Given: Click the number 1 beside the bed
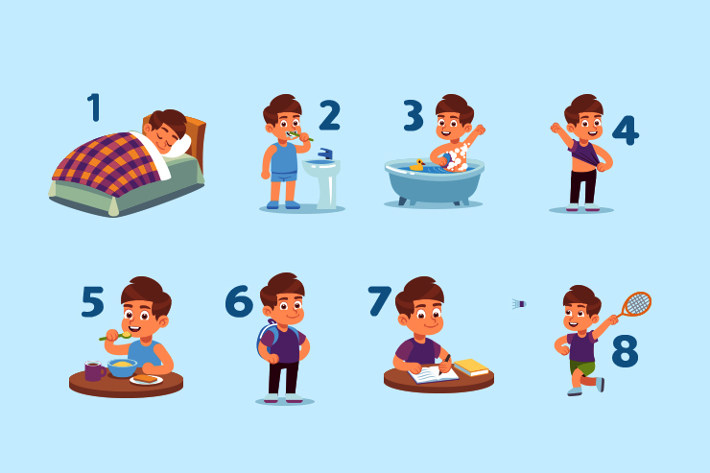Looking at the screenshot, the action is (x=94, y=107).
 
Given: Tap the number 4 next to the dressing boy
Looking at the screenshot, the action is (x=626, y=130).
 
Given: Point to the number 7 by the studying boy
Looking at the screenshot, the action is (x=379, y=300).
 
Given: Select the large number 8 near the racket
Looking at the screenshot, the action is (x=625, y=350).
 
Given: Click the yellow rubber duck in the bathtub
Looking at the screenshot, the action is (x=417, y=165).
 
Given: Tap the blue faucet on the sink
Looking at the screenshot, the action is (x=325, y=154).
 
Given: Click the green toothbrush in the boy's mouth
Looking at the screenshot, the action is (x=298, y=136).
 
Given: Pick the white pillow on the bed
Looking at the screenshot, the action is (x=177, y=146).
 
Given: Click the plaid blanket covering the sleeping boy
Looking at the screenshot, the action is (x=107, y=163).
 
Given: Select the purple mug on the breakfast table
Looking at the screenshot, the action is (x=94, y=370).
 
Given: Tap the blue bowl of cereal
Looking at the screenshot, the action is (x=122, y=367).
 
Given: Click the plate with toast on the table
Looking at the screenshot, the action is (x=146, y=379).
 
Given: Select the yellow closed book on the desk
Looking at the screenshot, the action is (x=471, y=367).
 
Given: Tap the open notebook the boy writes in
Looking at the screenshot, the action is (x=433, y=375).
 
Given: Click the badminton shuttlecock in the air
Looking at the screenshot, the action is (x=519, y=304).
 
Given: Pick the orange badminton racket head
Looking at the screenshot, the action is (x=637, y=303).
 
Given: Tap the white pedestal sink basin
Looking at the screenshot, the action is (x=321, y=168).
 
